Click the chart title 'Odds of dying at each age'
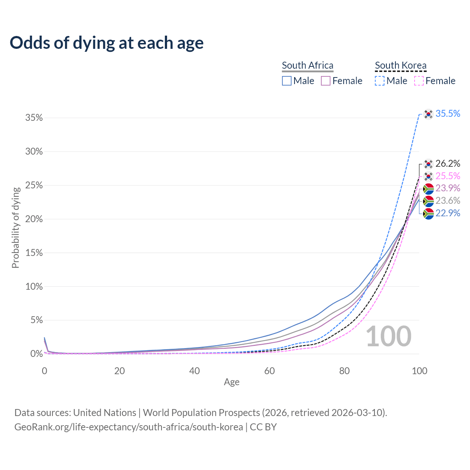[106, 43]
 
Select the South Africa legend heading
[308, 65]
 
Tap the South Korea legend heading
[401, 65]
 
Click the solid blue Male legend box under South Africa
[287, 81]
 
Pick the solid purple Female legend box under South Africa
[326, 81]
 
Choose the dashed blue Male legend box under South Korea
[380, 81]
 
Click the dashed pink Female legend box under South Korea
[419, 81]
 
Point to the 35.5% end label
[448, 114]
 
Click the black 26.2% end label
[448, 163]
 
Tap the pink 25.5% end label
[448, 176]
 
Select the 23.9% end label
[448, 188]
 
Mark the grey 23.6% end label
[448, 201]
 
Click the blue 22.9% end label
[448, 213]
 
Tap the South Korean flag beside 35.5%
[429, 114]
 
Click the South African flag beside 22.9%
[429, 213]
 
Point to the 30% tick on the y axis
[34, 152]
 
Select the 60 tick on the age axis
[270, 371]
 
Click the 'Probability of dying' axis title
[15, 228]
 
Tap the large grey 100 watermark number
[388, 336]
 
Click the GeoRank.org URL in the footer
[129, 427]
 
